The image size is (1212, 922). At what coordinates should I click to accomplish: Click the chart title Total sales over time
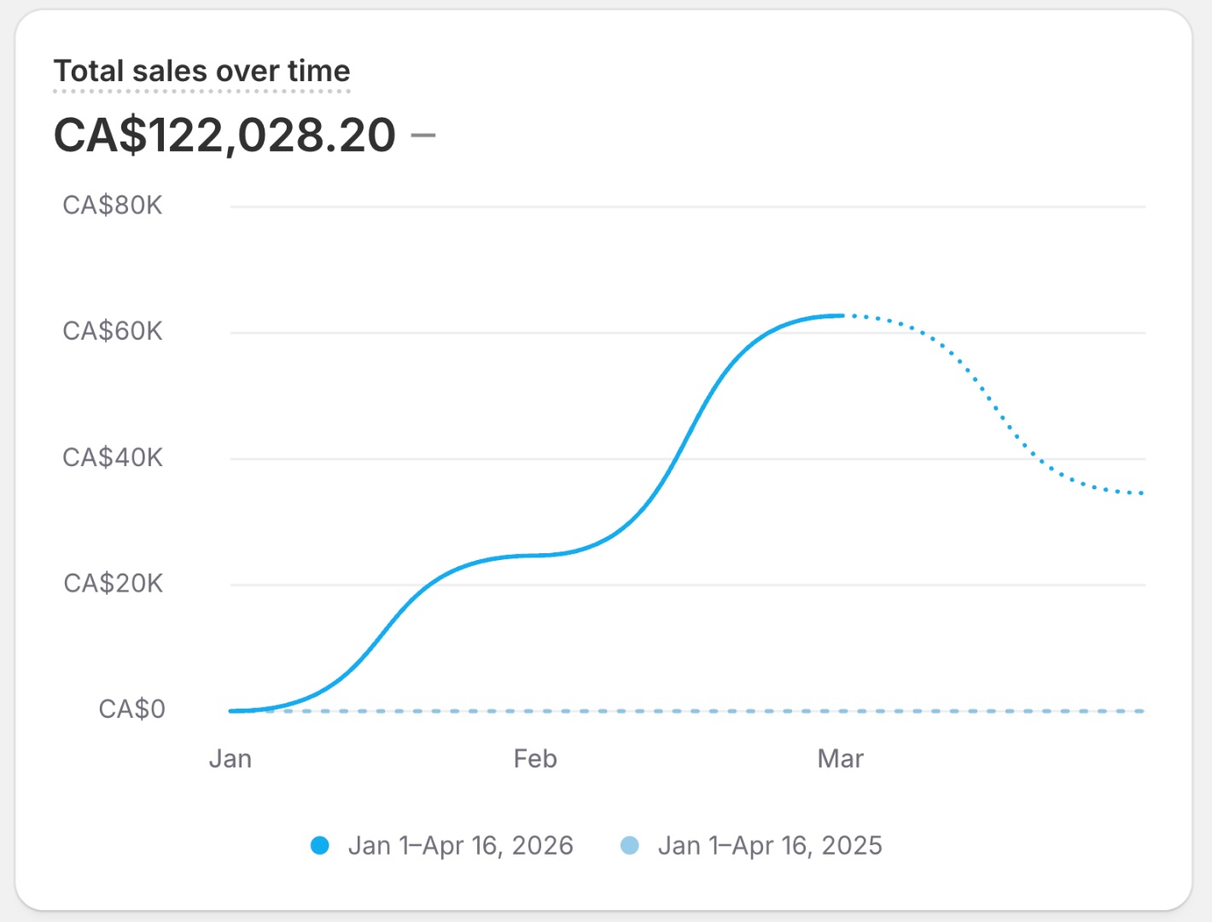click(x=201, y=71)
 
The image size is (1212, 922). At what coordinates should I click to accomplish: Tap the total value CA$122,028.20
click(x=224, y=135)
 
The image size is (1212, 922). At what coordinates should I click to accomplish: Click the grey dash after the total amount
click(x=423, y=135)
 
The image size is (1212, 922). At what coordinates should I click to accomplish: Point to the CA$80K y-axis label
click(x=112, y=206)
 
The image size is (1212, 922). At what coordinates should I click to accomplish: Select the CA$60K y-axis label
click(x=112, y=331)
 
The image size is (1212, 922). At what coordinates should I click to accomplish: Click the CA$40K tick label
click(x=112, y=458)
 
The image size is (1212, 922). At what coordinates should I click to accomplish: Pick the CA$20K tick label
click(x=113, y=583)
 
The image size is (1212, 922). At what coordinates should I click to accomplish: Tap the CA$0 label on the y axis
click(x=131, y=709)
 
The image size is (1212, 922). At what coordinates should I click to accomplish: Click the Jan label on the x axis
click(x=230, y=759)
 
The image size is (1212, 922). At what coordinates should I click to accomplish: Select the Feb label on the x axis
click(x=535, y=759)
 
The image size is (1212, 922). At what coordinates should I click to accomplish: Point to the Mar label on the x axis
click(x=840, y=759)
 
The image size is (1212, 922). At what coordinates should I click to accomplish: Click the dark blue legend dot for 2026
click(x=320, y=846)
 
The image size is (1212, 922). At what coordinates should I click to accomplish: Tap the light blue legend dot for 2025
click(x=629, y=846)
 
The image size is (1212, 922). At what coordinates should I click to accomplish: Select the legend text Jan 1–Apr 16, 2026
click(x=460, y=846)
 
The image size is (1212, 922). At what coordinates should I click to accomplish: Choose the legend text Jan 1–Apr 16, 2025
click(x=770, y=846)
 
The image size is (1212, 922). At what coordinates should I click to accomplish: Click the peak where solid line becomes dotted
click(x=842, y=316)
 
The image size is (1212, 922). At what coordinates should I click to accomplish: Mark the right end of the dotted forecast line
click(x=1142, y=493)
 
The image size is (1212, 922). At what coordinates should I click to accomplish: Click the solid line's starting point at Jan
click(x=231, y=710)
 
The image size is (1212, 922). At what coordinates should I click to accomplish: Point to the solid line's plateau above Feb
click(x=535, y=556)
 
